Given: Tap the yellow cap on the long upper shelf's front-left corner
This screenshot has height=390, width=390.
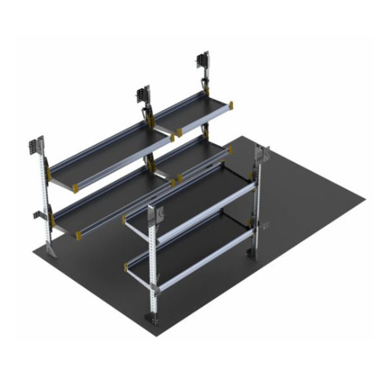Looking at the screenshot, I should pos(76,187).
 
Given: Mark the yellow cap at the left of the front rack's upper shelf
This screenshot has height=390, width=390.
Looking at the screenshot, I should pos(125,220).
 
